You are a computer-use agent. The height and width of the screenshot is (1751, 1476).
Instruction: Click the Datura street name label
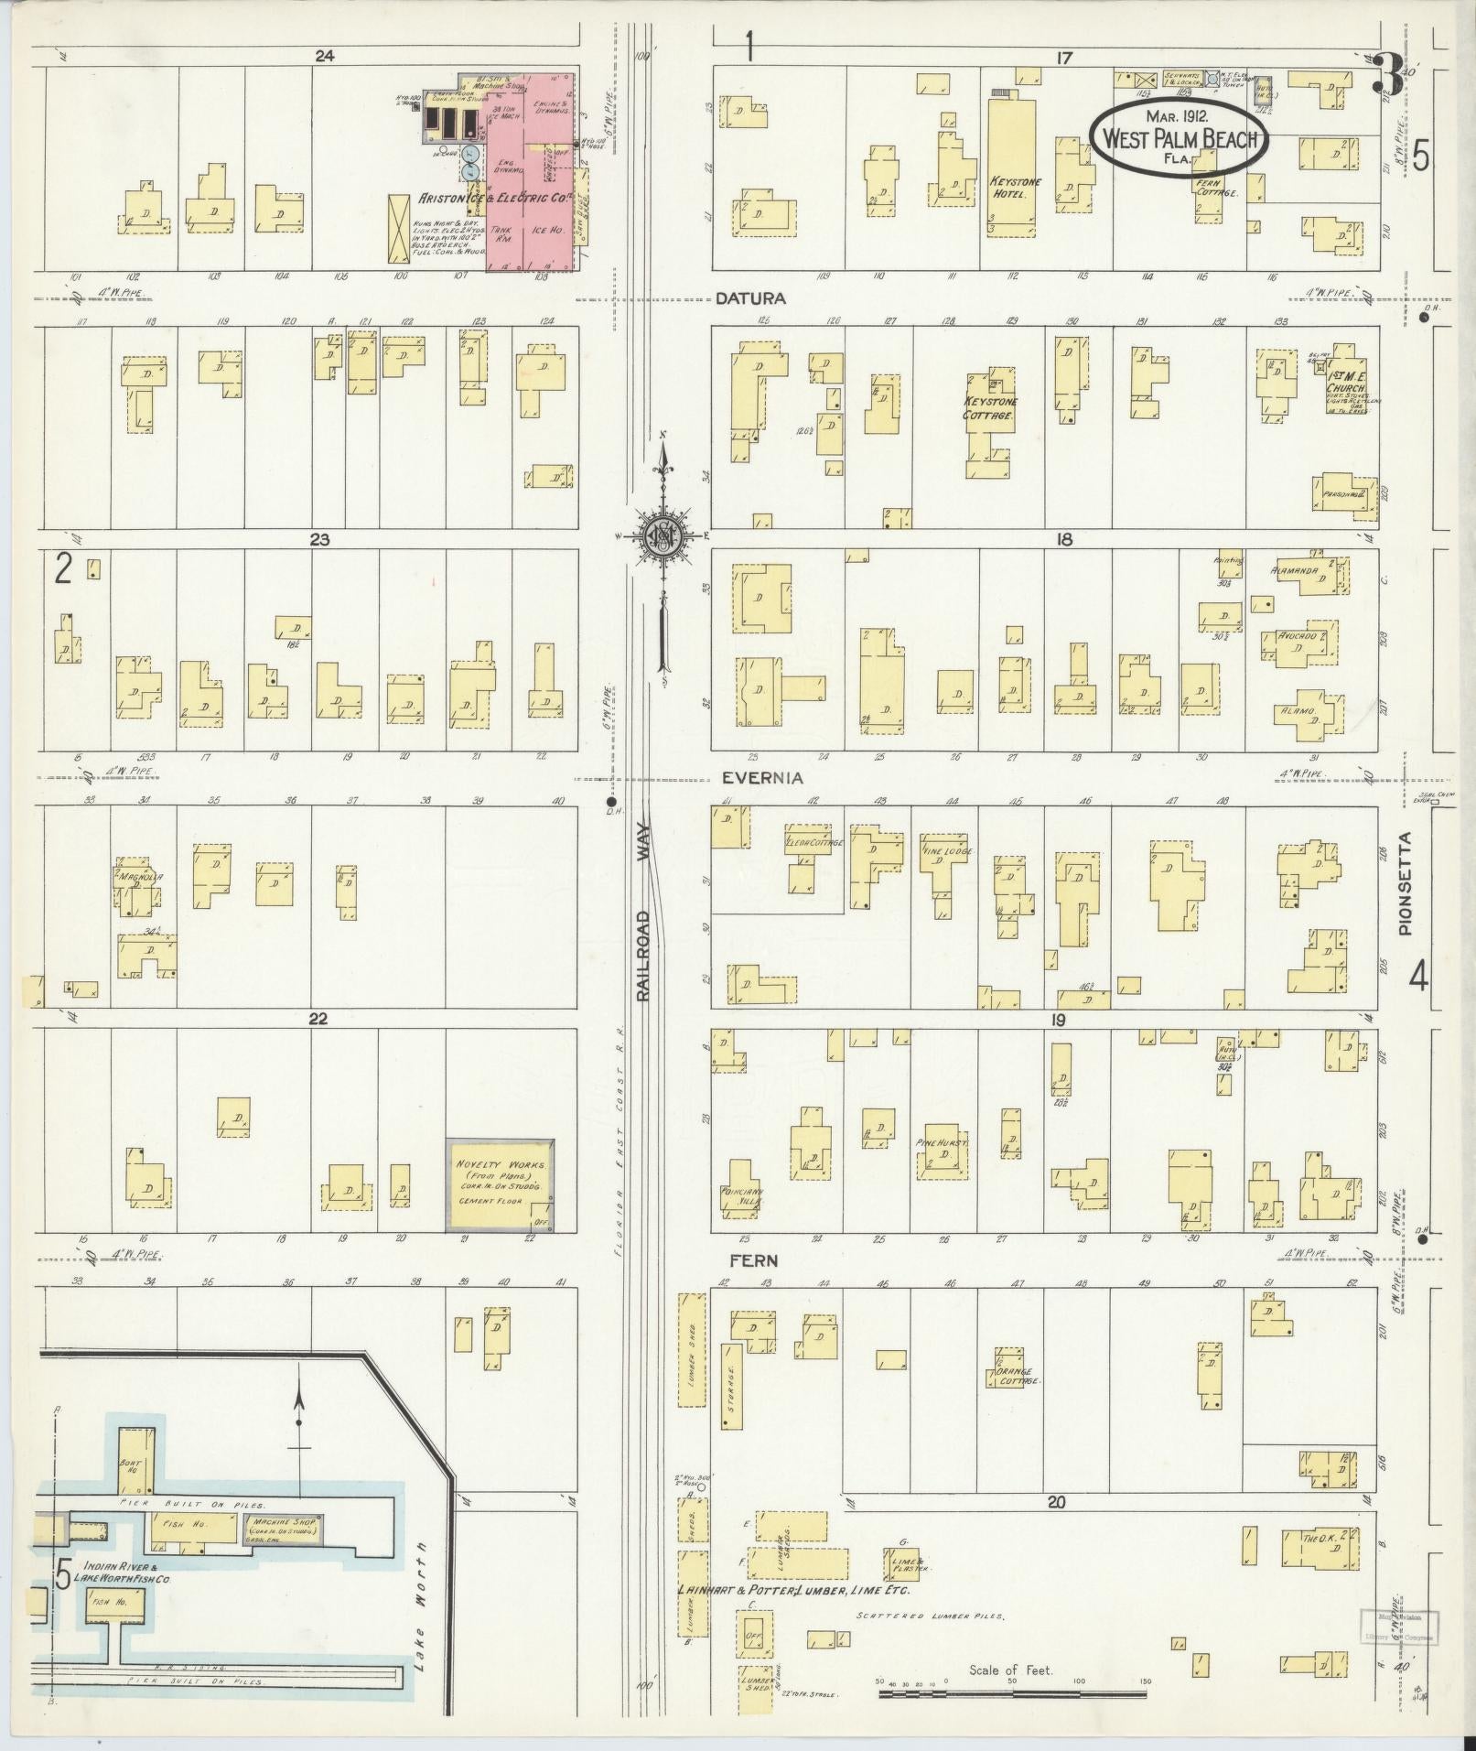(x=751, y=298)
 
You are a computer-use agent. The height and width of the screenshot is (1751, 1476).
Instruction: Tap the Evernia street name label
(x=762, y=778)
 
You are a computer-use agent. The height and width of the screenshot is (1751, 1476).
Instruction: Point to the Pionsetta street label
(x=1406, y=883)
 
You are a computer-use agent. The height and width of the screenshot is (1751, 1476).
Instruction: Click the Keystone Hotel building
(x=1016, y=174)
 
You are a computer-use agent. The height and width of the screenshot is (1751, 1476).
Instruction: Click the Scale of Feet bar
(x=1011, y=1693)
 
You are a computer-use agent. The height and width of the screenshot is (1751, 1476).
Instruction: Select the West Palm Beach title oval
(x=1180, y=136)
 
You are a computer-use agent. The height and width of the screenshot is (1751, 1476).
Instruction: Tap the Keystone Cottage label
(x=990, y=407)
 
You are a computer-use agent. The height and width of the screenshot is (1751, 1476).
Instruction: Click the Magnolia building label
(x=140, y=876)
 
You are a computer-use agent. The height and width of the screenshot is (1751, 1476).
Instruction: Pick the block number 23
(x=318, y=540)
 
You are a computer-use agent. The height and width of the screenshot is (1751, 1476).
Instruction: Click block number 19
(x=1060, y=1019)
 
